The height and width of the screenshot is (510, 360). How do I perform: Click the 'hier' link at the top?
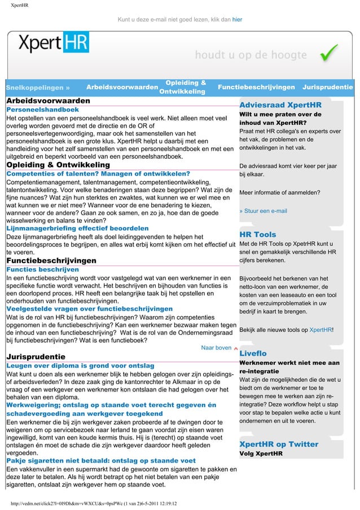[x=238, y=20]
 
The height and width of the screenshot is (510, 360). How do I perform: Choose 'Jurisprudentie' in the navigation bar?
[x=328, y=88]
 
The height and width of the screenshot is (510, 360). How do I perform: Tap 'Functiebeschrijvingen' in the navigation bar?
[x=256, y=88]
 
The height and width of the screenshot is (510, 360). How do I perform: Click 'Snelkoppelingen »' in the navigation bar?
[x=38, y=88]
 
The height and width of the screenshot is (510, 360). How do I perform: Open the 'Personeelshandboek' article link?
[x=42, y=109]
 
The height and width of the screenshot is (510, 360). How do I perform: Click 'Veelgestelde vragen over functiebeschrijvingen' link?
[x=89, y=309]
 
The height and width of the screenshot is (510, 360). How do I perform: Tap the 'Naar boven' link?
[x=216, y=348]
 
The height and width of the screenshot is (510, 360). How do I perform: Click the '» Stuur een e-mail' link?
[x=264, y=211]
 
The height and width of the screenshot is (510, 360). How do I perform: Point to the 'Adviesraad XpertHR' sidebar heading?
[x=280, y=105]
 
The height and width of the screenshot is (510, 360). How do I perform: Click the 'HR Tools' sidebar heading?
[x=258, y=234]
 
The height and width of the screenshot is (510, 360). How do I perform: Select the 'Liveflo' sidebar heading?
[x=253, y=353]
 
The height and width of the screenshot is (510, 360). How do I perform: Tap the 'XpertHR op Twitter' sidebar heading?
[x=279, y=444]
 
